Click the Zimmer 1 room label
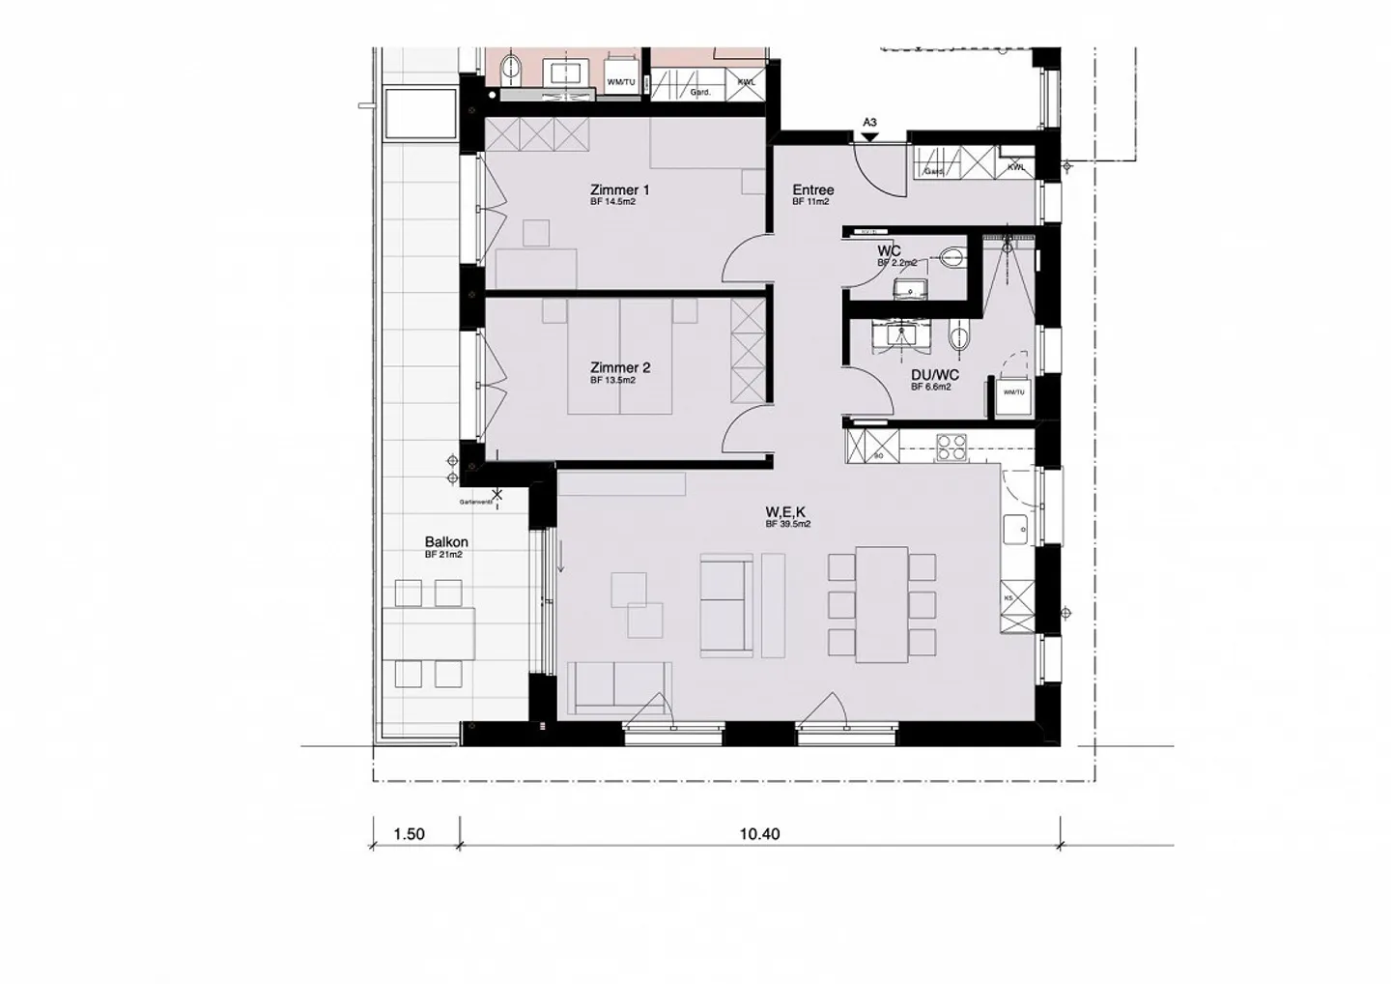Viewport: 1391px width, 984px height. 619,190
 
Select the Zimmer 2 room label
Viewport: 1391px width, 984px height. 619,368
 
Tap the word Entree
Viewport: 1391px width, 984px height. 813,190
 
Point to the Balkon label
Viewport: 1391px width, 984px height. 446,542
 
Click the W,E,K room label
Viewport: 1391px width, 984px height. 787,511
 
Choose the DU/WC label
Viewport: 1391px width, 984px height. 934,375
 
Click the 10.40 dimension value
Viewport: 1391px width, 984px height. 759,834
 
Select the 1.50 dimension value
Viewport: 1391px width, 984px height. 409,834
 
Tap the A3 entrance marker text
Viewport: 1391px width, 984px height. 869,123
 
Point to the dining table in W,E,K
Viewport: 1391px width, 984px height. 882,605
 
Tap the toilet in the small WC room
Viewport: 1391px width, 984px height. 951,256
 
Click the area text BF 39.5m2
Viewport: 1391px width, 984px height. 787,524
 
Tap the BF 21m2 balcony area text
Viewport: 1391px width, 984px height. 443,555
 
